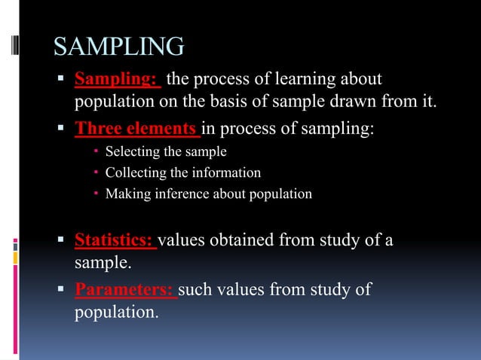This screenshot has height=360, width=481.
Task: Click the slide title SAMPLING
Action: (x=118, y=47)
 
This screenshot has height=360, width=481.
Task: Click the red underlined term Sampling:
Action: (x=117, y=79)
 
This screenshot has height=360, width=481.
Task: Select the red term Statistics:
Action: (x=115, y=241)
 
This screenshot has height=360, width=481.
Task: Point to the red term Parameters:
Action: (x=124, y=290)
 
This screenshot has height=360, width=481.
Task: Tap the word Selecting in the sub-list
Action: (x=130, y=152)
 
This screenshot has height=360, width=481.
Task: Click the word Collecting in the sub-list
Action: (x=133, y=173)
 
